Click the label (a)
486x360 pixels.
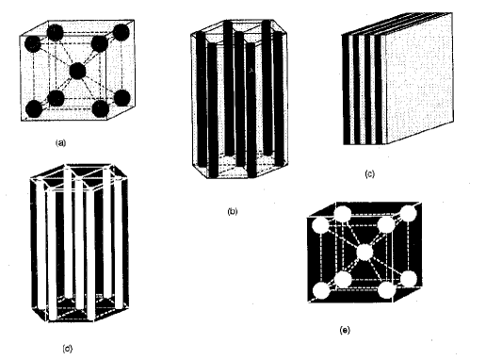tap(60, 143)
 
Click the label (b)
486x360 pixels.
tap(233, 211)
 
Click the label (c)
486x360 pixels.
tap(370, 173)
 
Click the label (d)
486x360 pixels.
tap(68, 349)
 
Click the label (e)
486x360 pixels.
tap(345, 330)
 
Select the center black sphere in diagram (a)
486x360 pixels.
tap(77, 71)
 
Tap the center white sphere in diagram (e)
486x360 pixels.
tap(364, 253)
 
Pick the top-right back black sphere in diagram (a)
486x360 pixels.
tap(121, 32)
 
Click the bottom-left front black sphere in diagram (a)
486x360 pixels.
tap(34, 109)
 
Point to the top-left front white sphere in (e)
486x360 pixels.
tap(319, 226)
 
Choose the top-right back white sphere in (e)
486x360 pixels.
tap(408, 214)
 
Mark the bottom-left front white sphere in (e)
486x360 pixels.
tap(321, 290)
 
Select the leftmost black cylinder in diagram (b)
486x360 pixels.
tap(202, 98)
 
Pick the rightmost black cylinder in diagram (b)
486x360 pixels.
tap(278, 96)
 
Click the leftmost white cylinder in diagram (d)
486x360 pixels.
tap(40, 244)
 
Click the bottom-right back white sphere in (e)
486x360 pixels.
tap(409, 279)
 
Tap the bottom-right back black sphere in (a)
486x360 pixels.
tap(121, 97)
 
